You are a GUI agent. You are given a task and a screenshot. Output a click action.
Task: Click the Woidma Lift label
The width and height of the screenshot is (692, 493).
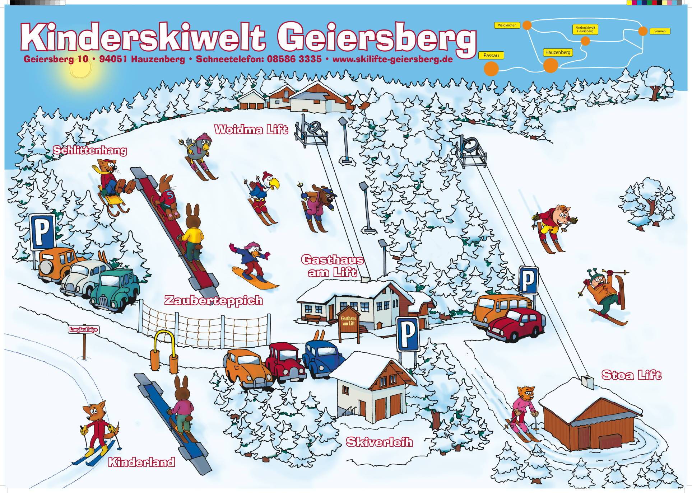(251, 130)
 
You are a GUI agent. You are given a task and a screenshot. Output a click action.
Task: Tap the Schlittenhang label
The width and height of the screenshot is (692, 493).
(90, 151)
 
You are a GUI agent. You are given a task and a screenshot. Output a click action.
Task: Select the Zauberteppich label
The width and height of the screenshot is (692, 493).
(213, 301)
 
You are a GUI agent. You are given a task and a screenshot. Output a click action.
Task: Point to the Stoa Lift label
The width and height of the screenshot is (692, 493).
(631, 375)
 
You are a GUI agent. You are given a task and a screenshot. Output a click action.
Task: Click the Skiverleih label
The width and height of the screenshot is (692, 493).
(379, 442)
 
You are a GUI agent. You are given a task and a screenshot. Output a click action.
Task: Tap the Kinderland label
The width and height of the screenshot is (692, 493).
(141, 463)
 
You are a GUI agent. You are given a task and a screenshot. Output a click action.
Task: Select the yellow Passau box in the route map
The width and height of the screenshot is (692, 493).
(491, 56)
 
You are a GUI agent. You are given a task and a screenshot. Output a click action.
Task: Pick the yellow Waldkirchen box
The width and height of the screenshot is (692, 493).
(507, 25)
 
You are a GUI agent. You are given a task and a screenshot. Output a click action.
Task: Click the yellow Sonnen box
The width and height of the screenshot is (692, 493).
(660, 31)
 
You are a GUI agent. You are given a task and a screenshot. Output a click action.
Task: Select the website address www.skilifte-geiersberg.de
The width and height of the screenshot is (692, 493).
(393, 60)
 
